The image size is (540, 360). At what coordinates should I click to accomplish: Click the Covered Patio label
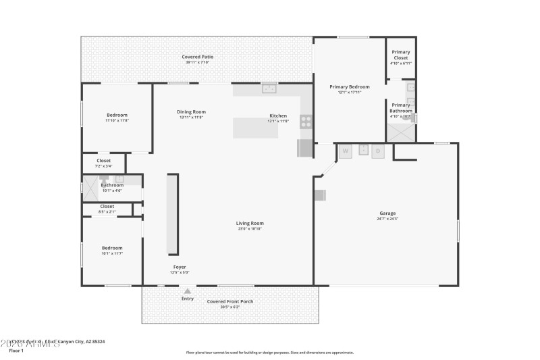pyautogui.click(x=197, y=57)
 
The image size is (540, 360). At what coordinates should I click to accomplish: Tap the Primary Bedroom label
pyautogui.click(x=349, y=86)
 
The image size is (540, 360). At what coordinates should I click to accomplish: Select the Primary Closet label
pyautogui.click(x=400, y=55)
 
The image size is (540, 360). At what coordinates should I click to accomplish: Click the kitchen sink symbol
pyautogui.click(x=270, y=88)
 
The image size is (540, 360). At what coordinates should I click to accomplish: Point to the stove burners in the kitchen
pyautogui.click(x=306, y=122)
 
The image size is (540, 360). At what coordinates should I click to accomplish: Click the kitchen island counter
pyautogui.click(x=256, y=128)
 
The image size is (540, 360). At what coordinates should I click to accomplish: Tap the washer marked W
pyautogui.click(x=346, y=151)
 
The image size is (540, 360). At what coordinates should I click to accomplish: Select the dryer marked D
pyautogui.click(x=378, y=151)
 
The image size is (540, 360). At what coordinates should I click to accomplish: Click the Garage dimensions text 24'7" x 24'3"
pyautogui.click(x=387, y=219)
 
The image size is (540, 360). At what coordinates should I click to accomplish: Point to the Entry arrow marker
pyautogui.click(x=188, y=291)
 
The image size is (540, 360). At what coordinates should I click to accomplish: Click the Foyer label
pyautogui.click(x=180, y=267)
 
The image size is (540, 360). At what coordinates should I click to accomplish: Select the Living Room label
pyautogui.click(x=249, y=223)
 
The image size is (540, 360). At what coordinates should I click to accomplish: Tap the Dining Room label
pyautogui.click(x=191, y=111)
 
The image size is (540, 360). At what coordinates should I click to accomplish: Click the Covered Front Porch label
pyautogui.click(x=230, y=301)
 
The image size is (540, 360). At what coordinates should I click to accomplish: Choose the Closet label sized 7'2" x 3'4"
pyautogui.click(x=103, y=161)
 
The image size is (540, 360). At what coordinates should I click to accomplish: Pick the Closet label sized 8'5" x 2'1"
pyautogui.click(x=107, y=207)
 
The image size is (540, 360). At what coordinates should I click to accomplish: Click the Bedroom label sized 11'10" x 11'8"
pyautogui.click(x=117, y=115)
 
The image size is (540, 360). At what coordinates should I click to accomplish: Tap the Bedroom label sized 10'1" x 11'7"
pyautogui.click(x=112, y=247)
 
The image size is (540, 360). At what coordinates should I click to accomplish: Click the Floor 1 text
pyautogui.click(x=16, y=351)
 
